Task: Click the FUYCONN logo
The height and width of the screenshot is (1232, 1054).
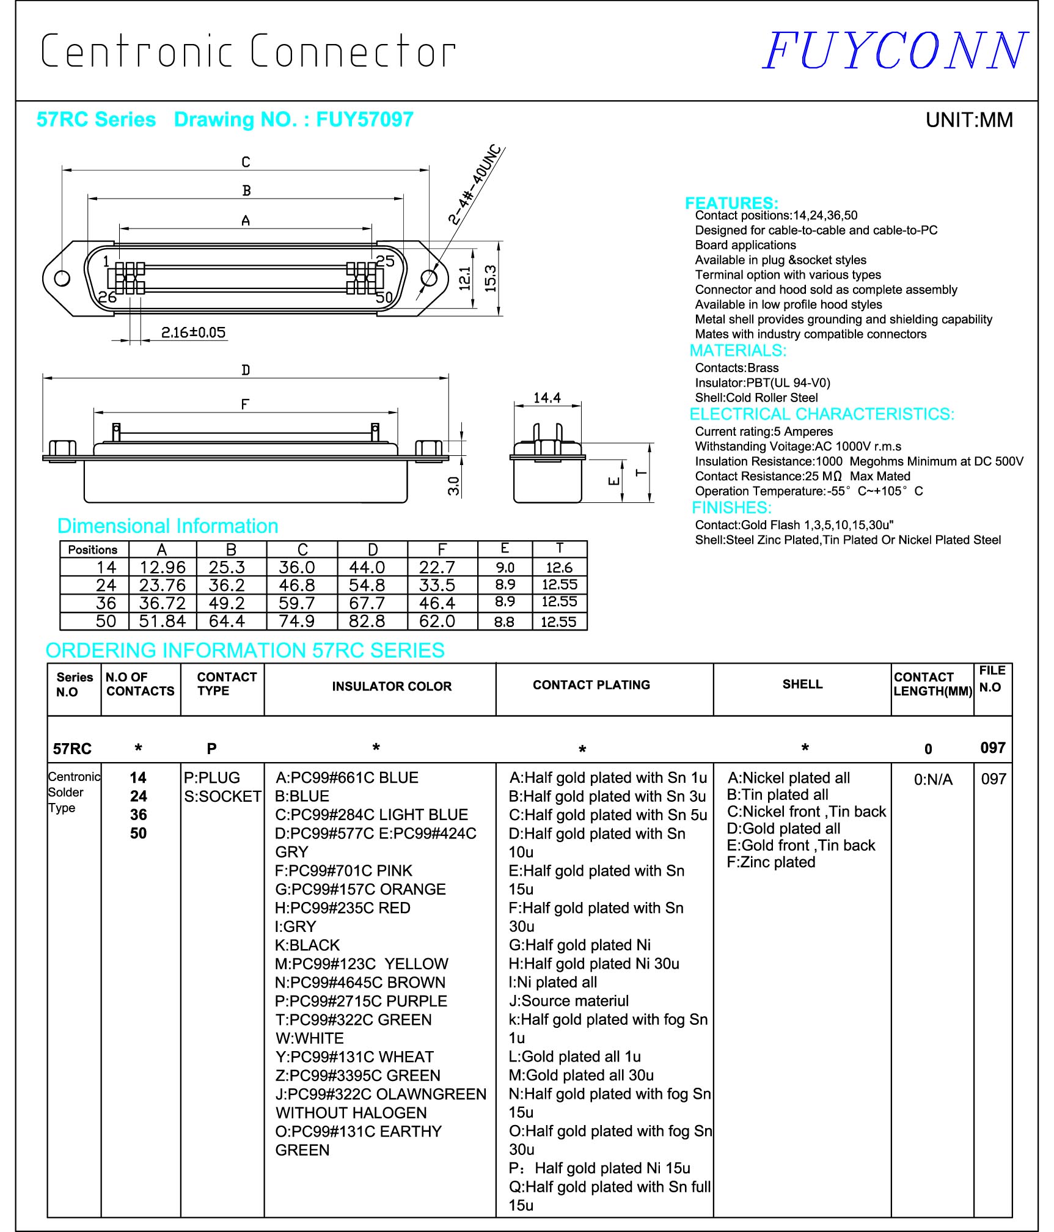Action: pos(895,51)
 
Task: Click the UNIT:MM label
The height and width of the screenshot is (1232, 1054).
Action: pos(968,120)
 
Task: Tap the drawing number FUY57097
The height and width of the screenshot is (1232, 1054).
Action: pos(364,119)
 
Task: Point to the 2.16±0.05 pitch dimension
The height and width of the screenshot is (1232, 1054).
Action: pos(193,332)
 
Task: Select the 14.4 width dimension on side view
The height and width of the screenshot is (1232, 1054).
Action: pos(547,398)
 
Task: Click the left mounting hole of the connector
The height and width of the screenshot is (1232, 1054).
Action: pos(62,279)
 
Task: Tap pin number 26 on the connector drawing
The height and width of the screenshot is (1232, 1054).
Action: pos(108,297)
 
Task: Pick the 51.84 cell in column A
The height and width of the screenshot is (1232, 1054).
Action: pos(162,621)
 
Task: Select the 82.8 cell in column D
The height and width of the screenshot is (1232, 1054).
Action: pos(367,621)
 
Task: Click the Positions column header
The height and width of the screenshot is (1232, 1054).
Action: pos(93,549)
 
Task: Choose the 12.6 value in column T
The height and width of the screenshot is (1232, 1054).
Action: pos(559,568)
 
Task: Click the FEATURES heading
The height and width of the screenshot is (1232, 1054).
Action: pos(731,203)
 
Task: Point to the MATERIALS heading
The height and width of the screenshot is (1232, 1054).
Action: pos(737,351)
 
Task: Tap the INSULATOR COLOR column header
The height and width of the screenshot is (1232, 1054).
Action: pos(392,686)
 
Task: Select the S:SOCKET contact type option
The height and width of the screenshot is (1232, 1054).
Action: pos(222,796)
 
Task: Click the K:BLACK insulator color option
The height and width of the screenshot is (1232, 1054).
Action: pos(307,945)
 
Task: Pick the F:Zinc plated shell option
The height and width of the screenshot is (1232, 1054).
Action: pos(770,862)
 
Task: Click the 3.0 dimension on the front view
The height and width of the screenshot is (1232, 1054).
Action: pos(453,486)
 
